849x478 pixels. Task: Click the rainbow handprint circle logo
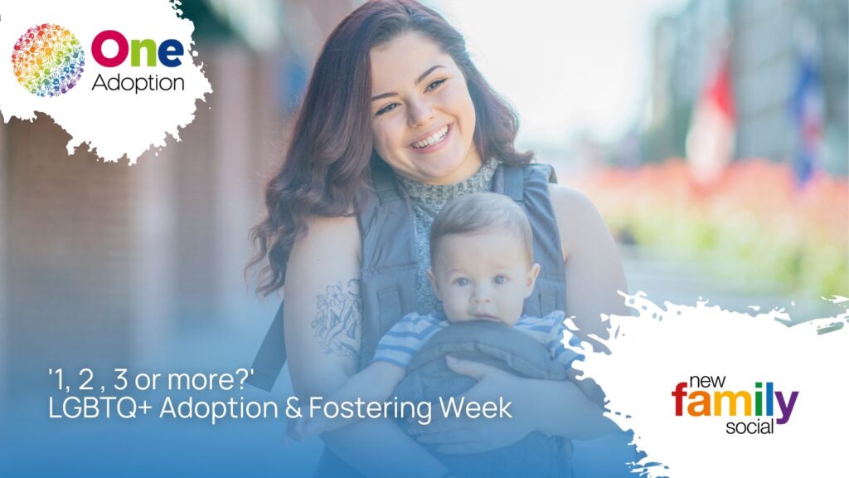(47, 60)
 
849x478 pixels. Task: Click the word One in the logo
(138, 49)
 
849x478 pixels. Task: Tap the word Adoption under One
(138, 83)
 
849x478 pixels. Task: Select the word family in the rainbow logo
(735, 401)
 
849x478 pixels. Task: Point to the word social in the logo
(750, 427)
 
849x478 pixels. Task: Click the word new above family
(707, 382)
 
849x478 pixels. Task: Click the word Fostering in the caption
(371, 408)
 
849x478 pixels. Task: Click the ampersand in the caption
(293, 408)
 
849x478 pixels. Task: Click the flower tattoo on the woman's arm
(337, 317)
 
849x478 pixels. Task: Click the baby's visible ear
(532, 276)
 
